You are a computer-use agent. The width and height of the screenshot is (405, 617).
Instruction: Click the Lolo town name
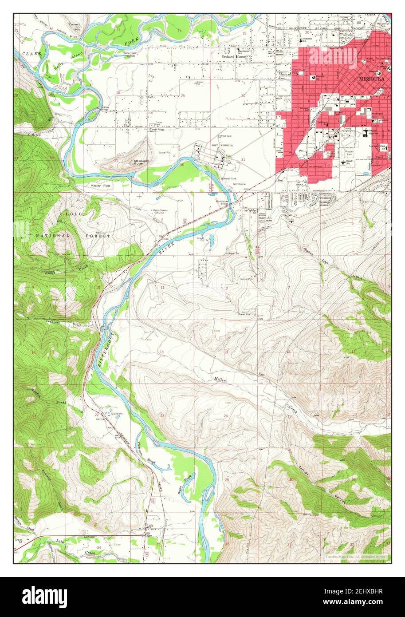150,527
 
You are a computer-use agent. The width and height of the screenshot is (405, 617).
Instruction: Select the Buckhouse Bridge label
224,202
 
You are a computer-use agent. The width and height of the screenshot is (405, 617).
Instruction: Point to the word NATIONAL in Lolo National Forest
53,235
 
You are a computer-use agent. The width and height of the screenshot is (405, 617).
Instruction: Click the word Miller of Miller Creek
220,379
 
